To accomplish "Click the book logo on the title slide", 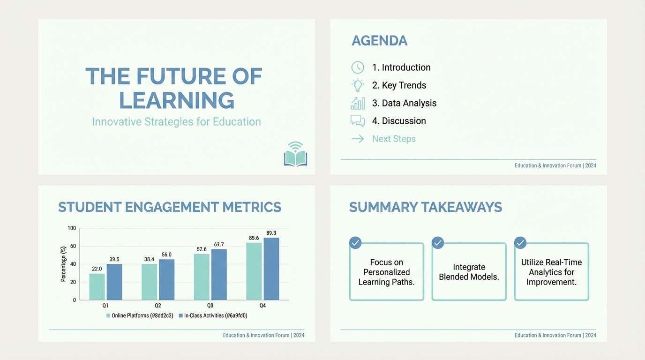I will pos(295,155).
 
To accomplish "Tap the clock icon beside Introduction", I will pos(358,67).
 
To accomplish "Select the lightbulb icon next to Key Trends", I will pos(358,85).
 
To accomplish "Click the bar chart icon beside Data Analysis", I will pos(358,103).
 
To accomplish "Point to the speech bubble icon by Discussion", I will pos(358,121).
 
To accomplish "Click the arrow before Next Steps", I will pos(358,139).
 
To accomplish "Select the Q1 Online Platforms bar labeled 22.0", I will pos(97,286).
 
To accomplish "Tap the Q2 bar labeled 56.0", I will pos(166,279).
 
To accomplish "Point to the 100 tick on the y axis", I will pos(72,228).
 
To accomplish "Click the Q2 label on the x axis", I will pos(158,306).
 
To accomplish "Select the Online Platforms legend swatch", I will pos(108,316).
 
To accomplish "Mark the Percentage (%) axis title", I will pos(63,264).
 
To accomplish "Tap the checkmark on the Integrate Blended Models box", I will pos(438,243).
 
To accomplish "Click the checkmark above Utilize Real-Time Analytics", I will pos(520,243).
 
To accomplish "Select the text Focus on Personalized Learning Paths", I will pos(386,272).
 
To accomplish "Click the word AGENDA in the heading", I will pos(379,41).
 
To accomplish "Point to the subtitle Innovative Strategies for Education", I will pos(176,122).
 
